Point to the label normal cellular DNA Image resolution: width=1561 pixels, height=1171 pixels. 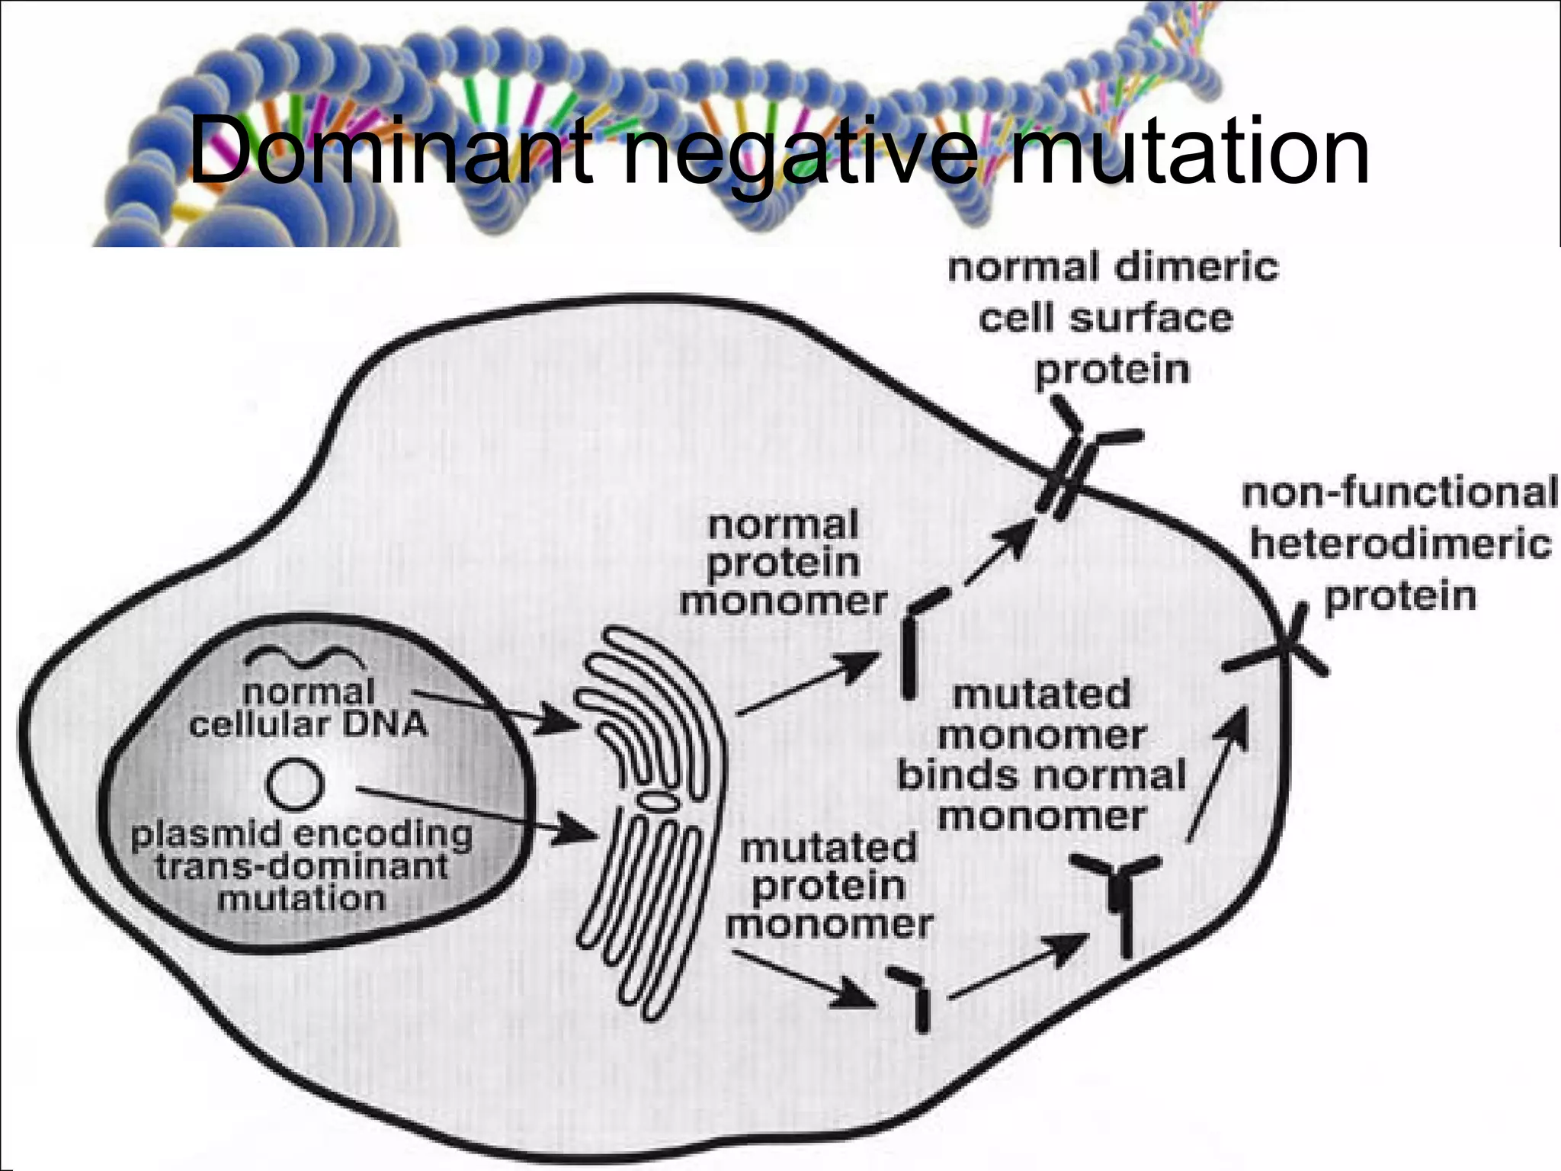click(x=308, y=708)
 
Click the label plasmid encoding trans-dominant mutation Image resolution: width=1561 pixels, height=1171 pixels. click(x=302, y=866)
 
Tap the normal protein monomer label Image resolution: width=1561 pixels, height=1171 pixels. click(x=784, y=563)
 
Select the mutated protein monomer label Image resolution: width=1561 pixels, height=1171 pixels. click(x=829, y=886)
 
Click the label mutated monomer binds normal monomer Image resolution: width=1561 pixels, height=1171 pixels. click(x=1041, y=755)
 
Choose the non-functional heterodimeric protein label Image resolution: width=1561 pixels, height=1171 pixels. click(x=1399, y=544)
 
